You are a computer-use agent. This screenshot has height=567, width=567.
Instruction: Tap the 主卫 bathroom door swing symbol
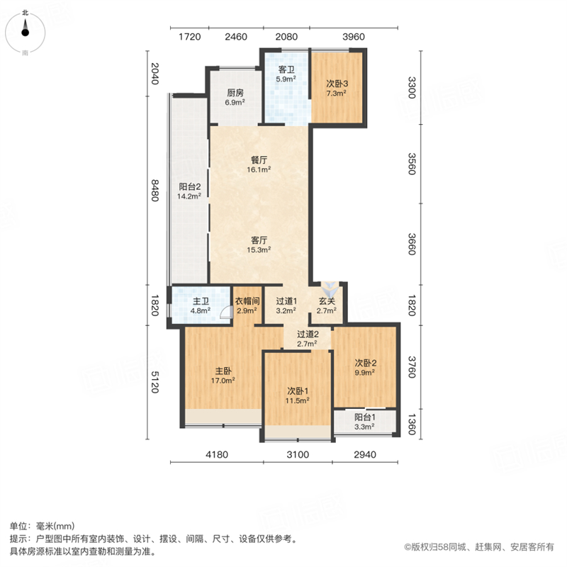226,313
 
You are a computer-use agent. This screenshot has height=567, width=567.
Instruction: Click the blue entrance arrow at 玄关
331,289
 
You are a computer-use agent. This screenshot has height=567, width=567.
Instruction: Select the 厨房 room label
235,93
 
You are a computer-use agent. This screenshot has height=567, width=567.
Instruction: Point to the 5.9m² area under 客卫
286,79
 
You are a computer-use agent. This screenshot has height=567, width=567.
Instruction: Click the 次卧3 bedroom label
337,84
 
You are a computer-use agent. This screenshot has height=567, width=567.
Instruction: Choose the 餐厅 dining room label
259,160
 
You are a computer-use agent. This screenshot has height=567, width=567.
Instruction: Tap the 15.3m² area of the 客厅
259,250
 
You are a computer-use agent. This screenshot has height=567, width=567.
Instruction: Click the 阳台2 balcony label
190,187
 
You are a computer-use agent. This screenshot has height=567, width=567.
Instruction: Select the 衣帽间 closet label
247,301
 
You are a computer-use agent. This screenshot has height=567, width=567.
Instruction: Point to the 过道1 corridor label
286,301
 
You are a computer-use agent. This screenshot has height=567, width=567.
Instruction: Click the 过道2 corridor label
308,335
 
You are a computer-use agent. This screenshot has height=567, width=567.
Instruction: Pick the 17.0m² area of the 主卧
223,381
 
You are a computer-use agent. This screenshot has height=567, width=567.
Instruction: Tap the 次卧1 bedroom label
298,391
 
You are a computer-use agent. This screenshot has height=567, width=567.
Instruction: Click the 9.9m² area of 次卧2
364,373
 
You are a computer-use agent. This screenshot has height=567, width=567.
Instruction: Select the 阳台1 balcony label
364,417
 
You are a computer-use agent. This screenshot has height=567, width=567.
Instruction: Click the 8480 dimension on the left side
155,191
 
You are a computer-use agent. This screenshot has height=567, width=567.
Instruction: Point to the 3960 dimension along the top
354,37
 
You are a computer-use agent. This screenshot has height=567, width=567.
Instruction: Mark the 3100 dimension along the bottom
298,454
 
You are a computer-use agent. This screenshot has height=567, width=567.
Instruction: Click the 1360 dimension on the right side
412,425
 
